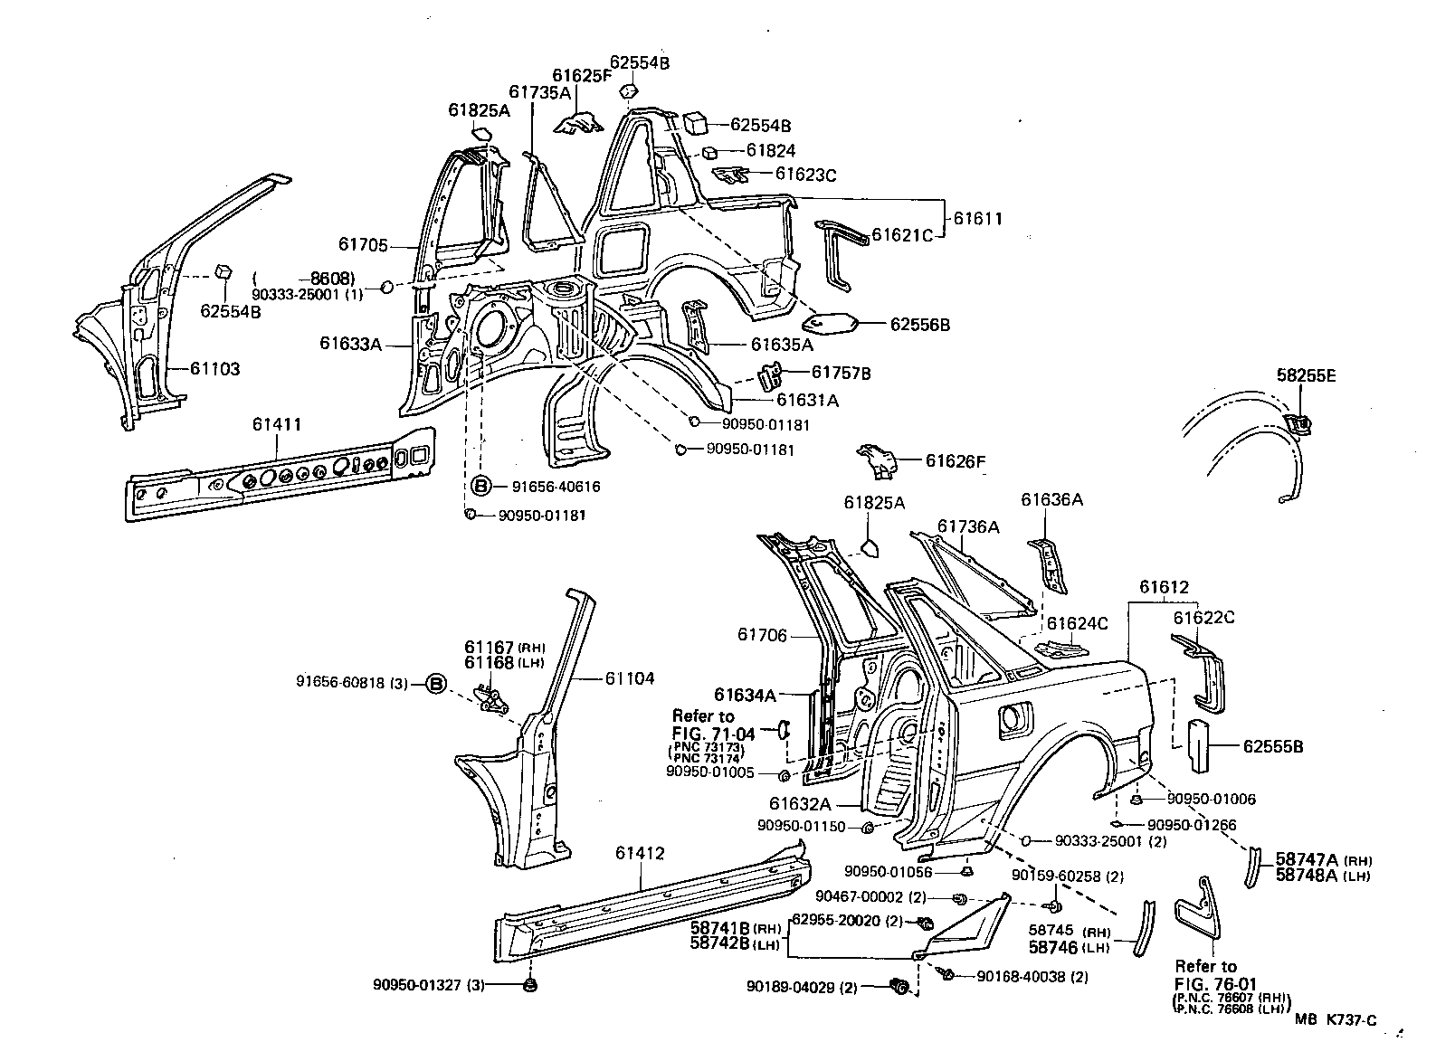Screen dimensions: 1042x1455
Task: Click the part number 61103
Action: [214, 369]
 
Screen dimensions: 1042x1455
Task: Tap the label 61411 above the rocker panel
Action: [277, 424]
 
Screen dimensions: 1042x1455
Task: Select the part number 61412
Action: [641, 853]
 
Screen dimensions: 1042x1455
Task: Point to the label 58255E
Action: [1306, 374]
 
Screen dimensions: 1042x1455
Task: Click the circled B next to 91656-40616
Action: [481, 487]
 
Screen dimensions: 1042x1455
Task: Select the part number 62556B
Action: [919, 325]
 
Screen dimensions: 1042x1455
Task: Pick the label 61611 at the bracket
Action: [978, 219]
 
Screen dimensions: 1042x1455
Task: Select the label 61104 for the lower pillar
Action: [630, 678]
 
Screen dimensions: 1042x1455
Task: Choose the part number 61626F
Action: [955, 462]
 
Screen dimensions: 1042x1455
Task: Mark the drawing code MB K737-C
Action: [1335, 1020]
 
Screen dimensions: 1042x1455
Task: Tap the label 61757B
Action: [841, 373]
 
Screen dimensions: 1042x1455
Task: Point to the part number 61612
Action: [1164, 588]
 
